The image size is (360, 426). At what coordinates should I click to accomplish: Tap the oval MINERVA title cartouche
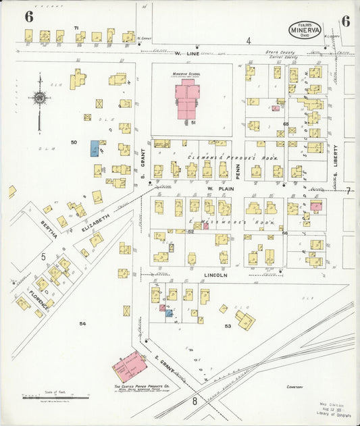(305, 28)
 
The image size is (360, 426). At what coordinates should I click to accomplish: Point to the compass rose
(40, 99)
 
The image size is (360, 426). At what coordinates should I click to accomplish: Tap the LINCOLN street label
(215, 275)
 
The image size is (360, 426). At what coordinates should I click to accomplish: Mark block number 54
(82, 324)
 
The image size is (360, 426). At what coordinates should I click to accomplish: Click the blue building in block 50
(95, 149)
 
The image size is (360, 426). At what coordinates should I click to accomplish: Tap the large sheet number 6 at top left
(28, 17)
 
